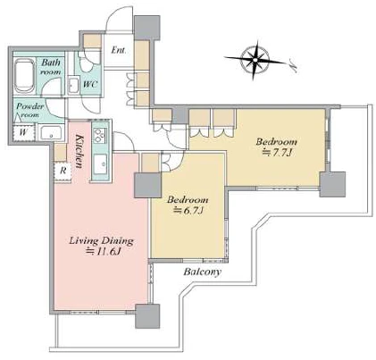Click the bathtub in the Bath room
click(x=24, y=77)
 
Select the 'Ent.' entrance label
click(x=118, y=50)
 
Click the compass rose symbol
click(x=255, y=61)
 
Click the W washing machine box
click(x=24, y=131)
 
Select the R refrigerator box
click(x=63, y=171)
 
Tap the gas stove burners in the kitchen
click(x=100, y=136)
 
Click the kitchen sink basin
click(x=100, y=164)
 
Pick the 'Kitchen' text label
click(x=79, y=151)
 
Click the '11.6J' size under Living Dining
click(x=104, y=252)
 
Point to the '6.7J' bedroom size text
click(x=188, y=210)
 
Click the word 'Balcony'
click(x=203, y=272)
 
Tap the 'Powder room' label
click(x=29, y=110)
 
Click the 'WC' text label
click(x=90, y=84)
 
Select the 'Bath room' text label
click(x=51, y=67)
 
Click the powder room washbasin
click(x=52, y=133)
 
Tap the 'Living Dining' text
click(x=101, y=240)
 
